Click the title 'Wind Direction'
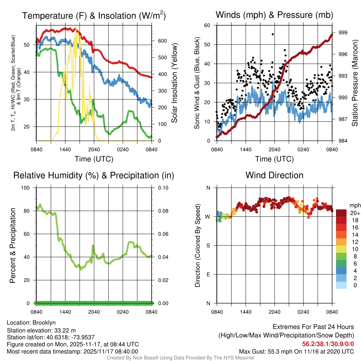(x=274, y=175)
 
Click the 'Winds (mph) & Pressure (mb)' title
(x=274, y=15)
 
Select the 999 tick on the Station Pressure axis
(x=343, y=32)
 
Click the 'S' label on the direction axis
(x=208, y=245)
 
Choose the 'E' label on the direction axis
(x=208, y=274)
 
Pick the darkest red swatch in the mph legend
(x=341, y=213)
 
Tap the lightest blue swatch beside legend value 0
(x=341, y=286)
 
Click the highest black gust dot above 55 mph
(x=273, y=34)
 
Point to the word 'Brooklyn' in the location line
(x=44, y=323)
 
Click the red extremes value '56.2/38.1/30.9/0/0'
(x=328, y=344)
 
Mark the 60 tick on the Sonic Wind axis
(x=207, y=25)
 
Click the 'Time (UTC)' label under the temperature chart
(x=94, y=159)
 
